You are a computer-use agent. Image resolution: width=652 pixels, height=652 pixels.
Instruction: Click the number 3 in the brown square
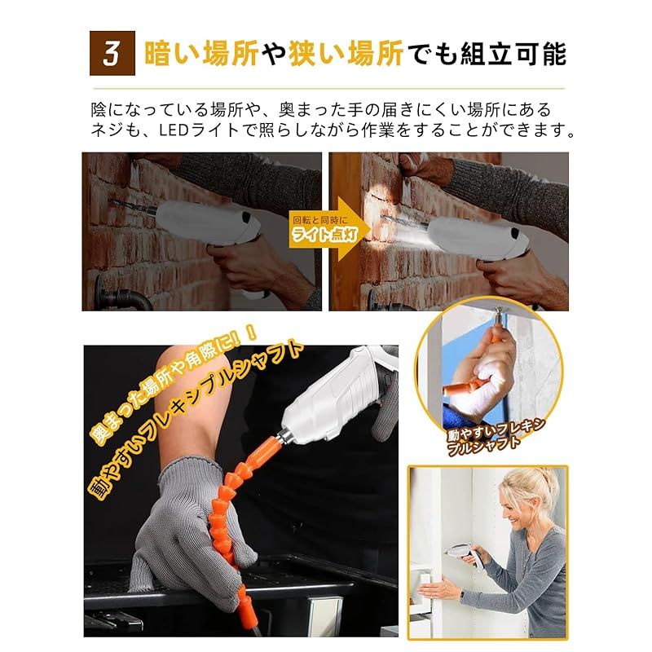pyautogui.click(x=112, y=54)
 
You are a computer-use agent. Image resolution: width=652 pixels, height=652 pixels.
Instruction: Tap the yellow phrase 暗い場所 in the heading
pyautogui.click(x=201, y=53)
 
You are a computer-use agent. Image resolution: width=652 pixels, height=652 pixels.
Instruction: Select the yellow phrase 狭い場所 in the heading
pyautogui.click(x=346, y=53)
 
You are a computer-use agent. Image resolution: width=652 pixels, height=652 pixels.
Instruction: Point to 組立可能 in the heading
pyautogui.click(x=513, y=53)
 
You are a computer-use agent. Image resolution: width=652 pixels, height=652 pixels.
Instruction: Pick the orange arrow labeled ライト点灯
pyautogui.click(x=329, y=229)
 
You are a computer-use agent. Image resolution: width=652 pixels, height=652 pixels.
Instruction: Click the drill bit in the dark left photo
pyautogui.click(x=132, y=206)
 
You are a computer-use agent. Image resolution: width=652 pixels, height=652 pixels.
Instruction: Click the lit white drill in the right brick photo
pyautogui.click(x=478, y=238)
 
